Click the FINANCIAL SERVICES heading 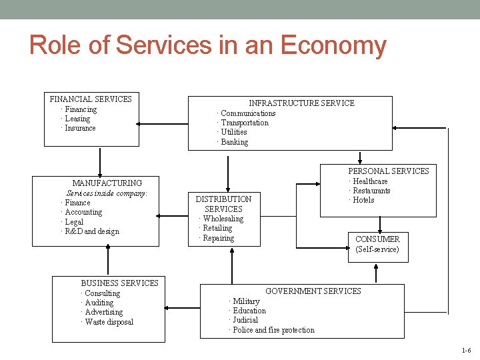(91, 99)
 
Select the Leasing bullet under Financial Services (77, 119)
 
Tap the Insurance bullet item (80, 128)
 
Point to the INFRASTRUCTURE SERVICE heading (301, 103)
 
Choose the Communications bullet (247, 113)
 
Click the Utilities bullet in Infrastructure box (233, 132)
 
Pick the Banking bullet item (234, 142)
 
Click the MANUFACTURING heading (107, 183)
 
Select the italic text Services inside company (107, 193)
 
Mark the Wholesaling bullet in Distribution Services (223, 219)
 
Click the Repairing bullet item (218, 238)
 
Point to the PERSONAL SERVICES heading (389, 171)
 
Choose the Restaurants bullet (371, 191)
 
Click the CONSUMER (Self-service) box (377, 244)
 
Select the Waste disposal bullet (109, 322)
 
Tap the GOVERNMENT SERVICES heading (313, 291)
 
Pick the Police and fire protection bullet (273, 330)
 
